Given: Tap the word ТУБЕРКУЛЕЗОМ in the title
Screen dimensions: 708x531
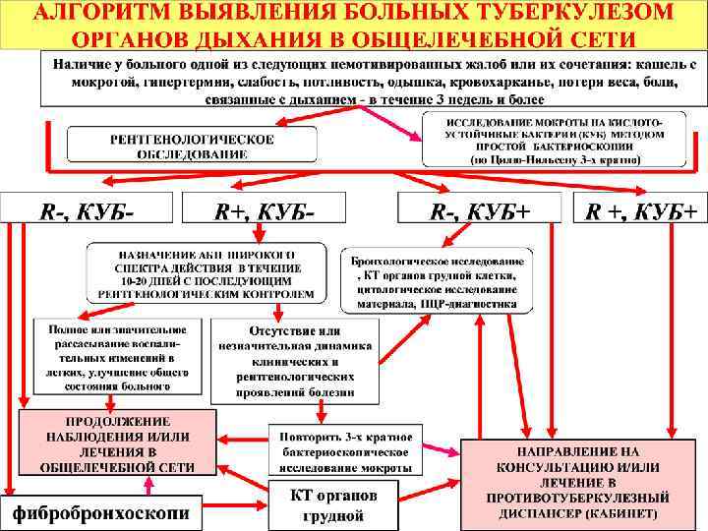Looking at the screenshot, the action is click(x=585, y=13).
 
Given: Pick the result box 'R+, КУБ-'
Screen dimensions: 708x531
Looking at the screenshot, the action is click(x=265, y=209).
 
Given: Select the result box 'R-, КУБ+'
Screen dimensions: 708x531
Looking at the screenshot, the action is click(x=479, y=209).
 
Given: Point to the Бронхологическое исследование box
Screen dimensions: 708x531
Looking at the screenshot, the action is click(x=438, y=283).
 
